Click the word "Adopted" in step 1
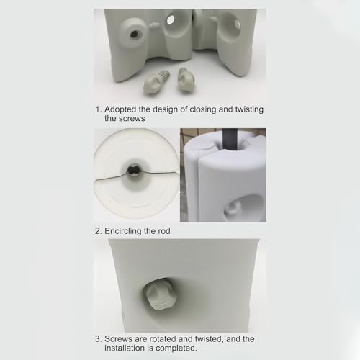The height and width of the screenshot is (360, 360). [x=120, y=109]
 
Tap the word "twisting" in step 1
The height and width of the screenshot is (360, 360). [x=249, y=109]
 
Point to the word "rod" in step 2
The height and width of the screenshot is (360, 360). [x=164, y=231]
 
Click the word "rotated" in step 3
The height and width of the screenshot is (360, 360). [x=163, y=339]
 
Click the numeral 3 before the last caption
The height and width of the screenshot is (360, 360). [x=98, y=339]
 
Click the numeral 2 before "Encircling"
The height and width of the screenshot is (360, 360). [x=98, y=231]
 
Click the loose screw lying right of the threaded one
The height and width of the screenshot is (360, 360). [x=186, y=80]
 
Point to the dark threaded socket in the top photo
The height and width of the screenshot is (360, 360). [x=135, y=34]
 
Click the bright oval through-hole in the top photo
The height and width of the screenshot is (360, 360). [x=171, y=19]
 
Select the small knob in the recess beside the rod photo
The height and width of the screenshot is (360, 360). [x=232, y=208]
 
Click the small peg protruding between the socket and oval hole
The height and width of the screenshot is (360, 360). [x=154, y=25]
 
